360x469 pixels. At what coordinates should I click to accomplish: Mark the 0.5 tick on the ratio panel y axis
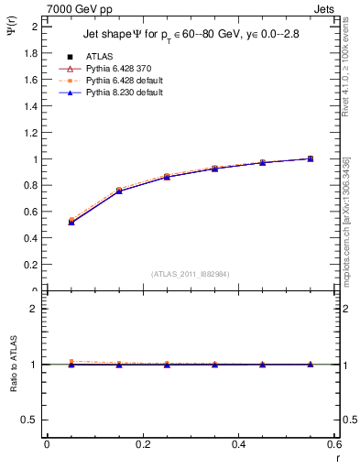(30, 420)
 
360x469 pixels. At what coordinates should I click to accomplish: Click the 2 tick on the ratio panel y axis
(34, 309)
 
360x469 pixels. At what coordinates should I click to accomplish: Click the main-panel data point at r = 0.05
(71, 222)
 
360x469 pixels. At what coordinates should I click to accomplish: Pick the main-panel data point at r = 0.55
(311, 158)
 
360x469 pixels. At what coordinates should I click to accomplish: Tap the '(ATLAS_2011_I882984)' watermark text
(191, 273)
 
